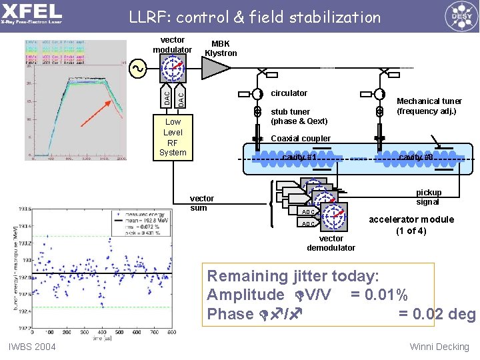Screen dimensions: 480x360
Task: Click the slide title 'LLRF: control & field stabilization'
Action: tap(255, 17)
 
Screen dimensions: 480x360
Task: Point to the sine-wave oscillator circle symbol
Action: tap(138, 68)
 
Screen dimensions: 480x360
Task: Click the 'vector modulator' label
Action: tap(172, 45)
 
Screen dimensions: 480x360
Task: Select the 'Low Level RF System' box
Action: tap(173, 137)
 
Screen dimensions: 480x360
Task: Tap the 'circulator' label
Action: tap(289, 93)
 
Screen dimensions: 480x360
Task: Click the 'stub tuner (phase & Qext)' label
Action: tap(299, 116)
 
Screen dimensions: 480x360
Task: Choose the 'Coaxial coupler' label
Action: tap(301, 139)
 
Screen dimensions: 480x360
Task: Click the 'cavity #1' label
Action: tap(299, 157)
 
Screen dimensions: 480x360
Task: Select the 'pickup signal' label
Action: tap(428, 197)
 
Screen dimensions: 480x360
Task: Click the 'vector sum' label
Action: tap(202, 203)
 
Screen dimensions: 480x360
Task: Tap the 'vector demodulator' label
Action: tap(331, 243)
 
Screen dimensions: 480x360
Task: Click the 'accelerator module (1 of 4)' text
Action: tap(411, 225)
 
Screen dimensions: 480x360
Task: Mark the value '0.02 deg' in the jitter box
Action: tap(437, 314)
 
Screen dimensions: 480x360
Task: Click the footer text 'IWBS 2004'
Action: tap(32, 346)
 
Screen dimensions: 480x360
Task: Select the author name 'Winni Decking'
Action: tap(440, 346)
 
